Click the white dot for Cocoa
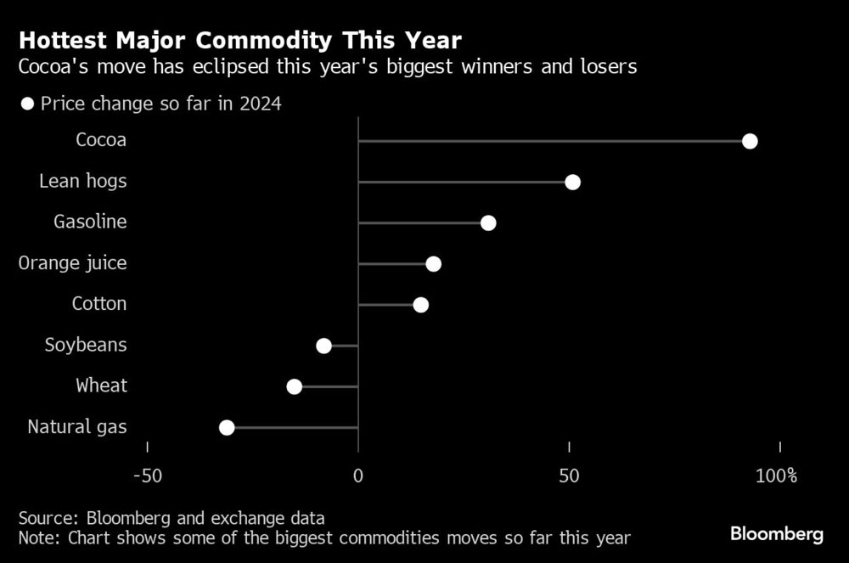(750, 141)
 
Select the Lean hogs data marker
(572, 182)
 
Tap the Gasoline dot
(488, 222)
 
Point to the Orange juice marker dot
(433, 263)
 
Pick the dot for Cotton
(420, 304)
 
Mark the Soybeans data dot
(323, 345)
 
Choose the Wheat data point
(294, 386)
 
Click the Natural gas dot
(227, 427)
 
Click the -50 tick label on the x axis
(147, 476)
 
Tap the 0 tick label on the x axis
(358, 476)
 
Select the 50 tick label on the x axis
(569, 476)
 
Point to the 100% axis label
(776, 476)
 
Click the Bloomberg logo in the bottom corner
(777, 534)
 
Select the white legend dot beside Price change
(27, 104)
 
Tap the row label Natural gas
(77, 427)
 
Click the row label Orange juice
(73, 263)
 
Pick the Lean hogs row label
(83, 182)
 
